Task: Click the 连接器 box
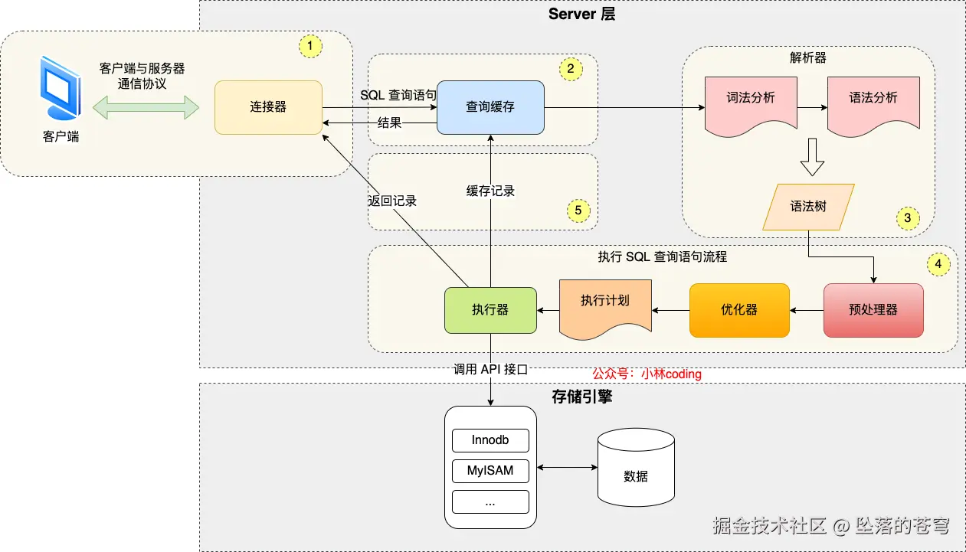pyautogui.click(x=268, y=107)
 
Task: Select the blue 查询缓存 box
pyautogui.click(x=490, y=107)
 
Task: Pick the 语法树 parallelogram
pyautogui.click(x=808, y=207)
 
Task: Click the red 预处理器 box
pyautogui.click(x=873, y=310)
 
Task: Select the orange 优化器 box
pyautogui.click(x=739, y=310)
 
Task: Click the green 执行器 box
pyautogui.click(x=490, y=310)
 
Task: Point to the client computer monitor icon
pyautogui.click(x=60, y=90)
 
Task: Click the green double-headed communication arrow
pyautogui.click(x=152, y=107)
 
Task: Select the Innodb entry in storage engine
pyautogui.click(x=490, y=441)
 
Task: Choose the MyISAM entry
pyautogui.click(x=490, y=471)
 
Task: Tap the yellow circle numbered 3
pyautogui.click(x=908, y=218)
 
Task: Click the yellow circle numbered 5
pyautogui.click(x=578, y=209)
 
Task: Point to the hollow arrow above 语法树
pyautogui.click(x=811, y=156)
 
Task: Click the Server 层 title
pyautogui.click(x=581, y=15)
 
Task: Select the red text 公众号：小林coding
pyautogui.click(x=647, y=374)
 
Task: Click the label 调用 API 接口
pyautogui.click(x=490, y=369)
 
